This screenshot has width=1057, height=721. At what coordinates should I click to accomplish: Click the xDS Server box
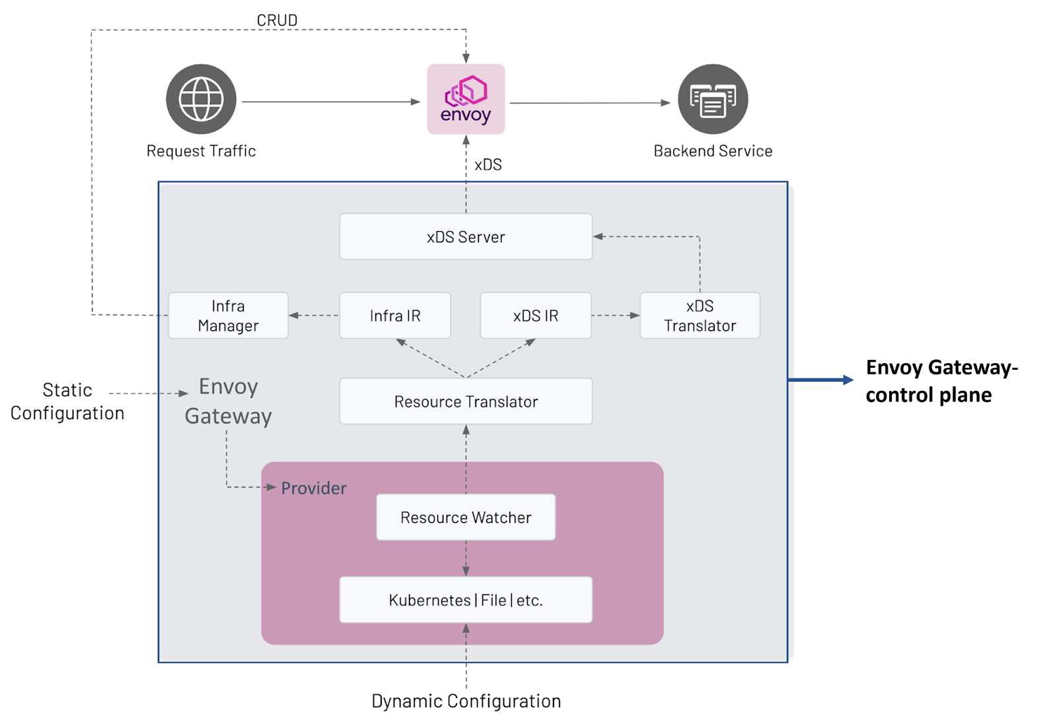pos(466,236)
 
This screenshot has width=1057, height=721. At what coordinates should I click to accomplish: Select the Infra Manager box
pos(228,316)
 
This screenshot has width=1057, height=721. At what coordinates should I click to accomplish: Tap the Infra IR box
pos(395,316)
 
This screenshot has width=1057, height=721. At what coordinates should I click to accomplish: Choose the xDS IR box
pos(536,316)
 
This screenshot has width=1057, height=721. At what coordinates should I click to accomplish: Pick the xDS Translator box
pos(700,316)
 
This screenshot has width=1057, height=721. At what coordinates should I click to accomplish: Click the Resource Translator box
pos(466,401)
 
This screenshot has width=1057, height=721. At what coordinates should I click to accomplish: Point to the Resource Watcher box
pos(466,517)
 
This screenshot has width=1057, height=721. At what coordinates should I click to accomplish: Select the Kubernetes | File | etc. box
pos(466,600)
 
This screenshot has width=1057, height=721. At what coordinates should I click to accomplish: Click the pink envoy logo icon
pos(466,99)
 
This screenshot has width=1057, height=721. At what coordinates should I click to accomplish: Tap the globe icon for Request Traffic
pos(201,99)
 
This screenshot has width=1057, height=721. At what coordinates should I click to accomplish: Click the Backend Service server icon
pos(713,99)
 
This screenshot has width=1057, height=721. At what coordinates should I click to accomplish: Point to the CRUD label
pos(277,20)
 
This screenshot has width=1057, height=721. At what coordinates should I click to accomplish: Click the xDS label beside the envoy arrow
pos(488,164)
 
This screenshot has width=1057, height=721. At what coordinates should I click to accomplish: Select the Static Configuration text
pos(67,401)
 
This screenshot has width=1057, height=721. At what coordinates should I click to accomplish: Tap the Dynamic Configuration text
pos(466,701)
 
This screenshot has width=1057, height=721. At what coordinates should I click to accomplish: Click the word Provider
pos(314,488)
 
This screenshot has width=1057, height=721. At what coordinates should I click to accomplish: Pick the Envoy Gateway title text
pos(228,401)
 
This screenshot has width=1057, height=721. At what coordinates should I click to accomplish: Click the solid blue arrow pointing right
pos(820,380)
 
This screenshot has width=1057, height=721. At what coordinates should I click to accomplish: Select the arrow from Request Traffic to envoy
pos(330,102)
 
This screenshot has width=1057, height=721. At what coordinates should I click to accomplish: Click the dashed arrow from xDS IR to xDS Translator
pos(615,316)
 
